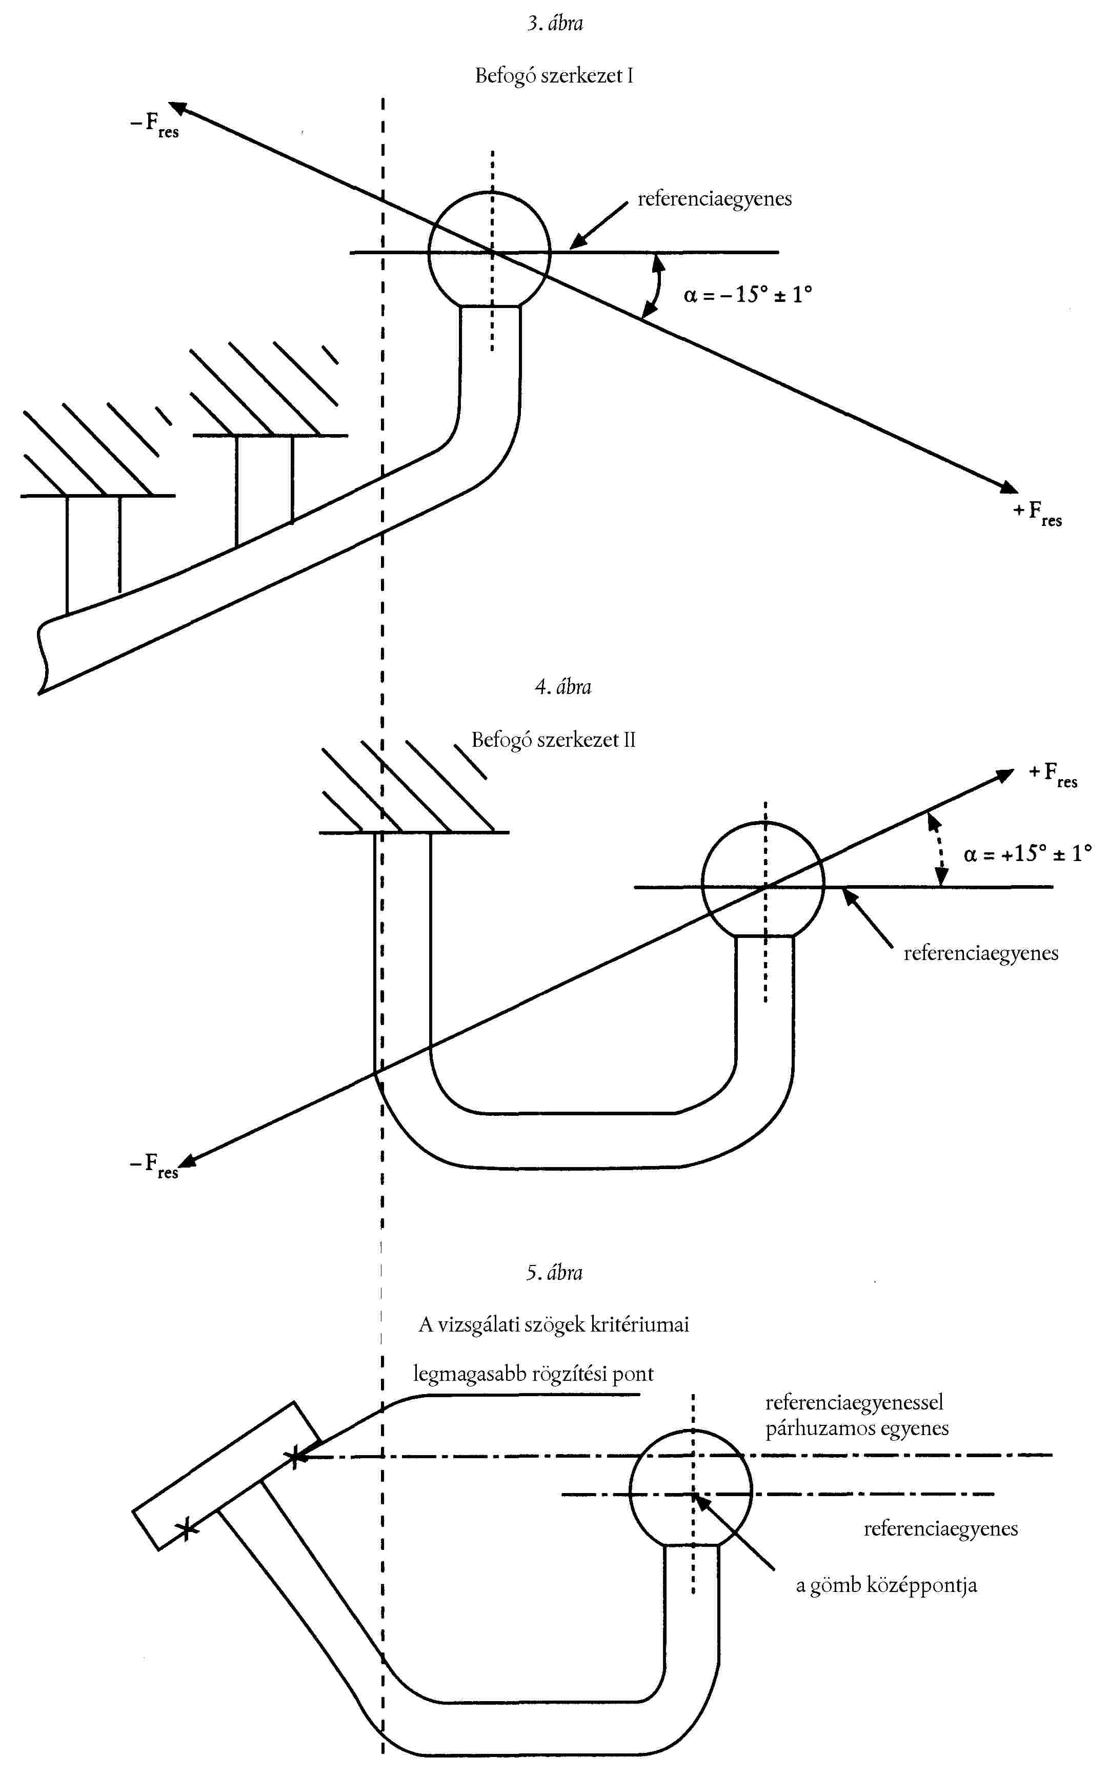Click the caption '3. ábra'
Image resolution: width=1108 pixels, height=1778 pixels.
tap(555, 24)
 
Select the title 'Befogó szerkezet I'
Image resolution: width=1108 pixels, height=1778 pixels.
tap(554, 75)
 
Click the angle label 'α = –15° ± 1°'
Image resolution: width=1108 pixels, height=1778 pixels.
tap(748, 295)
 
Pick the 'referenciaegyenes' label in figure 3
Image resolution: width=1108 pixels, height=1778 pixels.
tap(715, 199)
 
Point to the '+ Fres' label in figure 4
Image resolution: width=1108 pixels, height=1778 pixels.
tap(1053, 774)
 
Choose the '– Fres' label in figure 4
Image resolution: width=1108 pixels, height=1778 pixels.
tap(154, 1166)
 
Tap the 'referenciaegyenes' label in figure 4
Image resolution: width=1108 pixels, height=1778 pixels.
tap(980, 953)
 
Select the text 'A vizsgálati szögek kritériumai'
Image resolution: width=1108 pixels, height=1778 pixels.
tap(553, 1324)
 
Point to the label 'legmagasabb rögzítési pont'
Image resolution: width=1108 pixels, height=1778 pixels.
tap(533, 1374)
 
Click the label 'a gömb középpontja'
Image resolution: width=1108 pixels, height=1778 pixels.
tap(886, 1585)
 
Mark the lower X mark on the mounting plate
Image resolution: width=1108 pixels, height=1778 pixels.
tap(187, 1529)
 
